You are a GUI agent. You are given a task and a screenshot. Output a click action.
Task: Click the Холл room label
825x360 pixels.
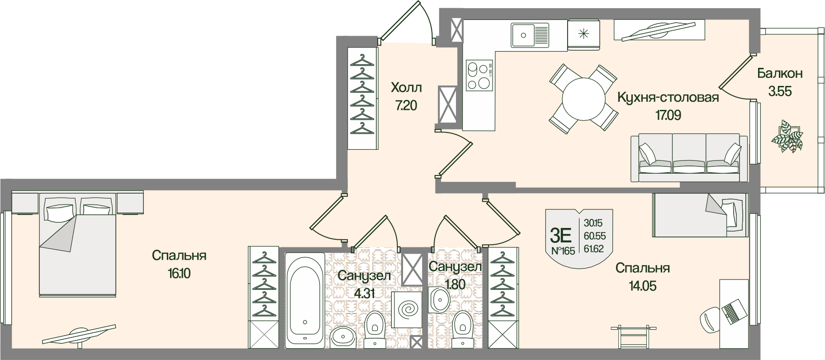click(406, 87)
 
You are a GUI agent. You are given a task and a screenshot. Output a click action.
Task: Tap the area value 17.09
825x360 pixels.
click(668, 115)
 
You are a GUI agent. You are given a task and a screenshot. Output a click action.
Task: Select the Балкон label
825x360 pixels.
click(780, 73)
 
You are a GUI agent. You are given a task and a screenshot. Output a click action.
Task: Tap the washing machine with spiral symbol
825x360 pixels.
click(408, 310)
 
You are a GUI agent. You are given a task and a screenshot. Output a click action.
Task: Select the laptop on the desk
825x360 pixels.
click(731, 311)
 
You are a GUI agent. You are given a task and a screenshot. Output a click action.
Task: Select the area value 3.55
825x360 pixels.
click(780, 91)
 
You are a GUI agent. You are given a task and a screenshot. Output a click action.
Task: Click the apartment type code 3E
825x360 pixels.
click(560, 235)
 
